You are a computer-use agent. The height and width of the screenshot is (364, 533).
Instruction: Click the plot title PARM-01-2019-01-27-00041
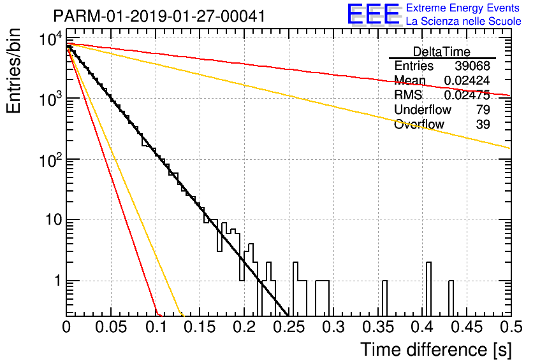159,16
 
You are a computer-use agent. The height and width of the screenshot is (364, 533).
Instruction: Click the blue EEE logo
374,14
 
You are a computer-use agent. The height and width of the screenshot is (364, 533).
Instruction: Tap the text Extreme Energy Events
463,8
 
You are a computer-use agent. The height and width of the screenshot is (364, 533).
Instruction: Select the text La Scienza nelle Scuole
464,21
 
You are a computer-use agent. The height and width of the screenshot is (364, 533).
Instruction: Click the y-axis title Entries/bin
13,71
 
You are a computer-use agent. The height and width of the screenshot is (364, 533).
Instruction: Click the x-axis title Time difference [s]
436,350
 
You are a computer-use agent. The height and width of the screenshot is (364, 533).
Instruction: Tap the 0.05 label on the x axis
111,327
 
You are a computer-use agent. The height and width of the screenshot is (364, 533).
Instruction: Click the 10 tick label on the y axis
54,220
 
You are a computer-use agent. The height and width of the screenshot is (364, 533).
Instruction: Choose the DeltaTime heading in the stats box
442,52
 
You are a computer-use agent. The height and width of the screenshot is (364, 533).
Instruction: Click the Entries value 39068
472,66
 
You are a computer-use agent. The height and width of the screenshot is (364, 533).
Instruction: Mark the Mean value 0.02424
467,80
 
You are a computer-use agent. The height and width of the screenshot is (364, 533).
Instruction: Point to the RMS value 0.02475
467,95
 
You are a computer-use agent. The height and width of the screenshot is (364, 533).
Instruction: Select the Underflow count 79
483,109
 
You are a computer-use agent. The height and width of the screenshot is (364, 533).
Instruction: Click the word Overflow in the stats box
419,124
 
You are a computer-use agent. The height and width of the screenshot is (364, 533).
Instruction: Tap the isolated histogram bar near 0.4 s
428,289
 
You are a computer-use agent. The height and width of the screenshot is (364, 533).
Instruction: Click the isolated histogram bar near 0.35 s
384,298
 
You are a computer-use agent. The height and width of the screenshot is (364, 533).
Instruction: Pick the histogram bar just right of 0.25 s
295,289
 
